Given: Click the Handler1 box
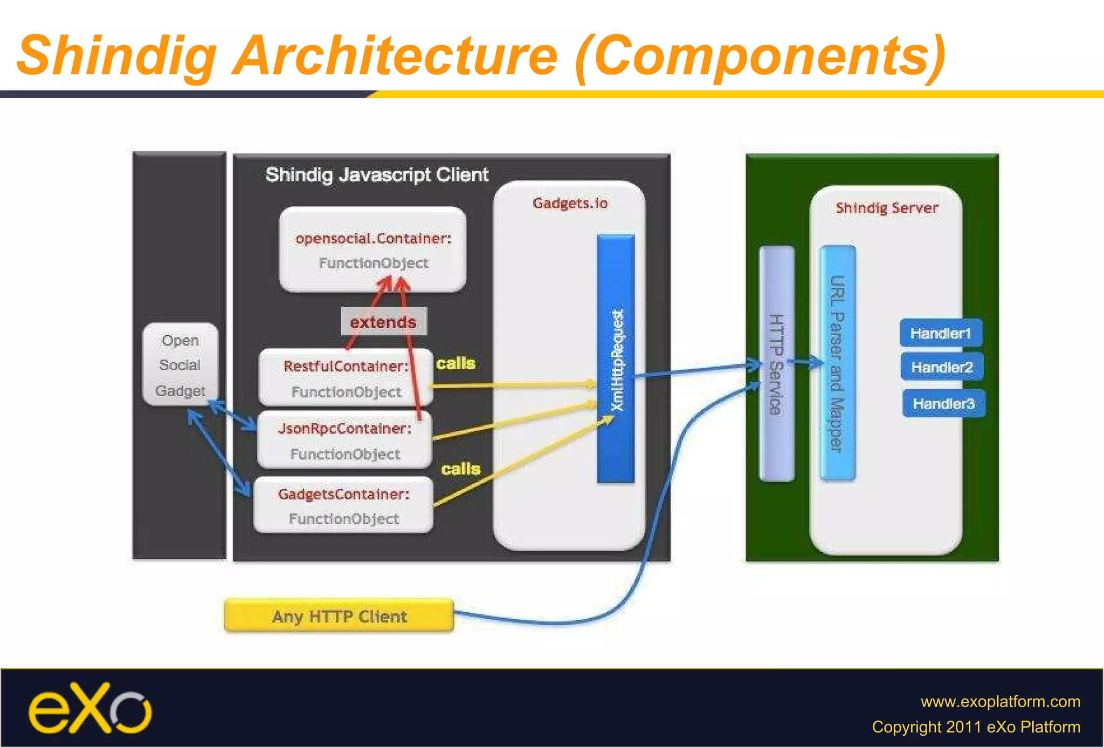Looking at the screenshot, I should point(941,333).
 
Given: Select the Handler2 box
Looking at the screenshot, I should point(942,367).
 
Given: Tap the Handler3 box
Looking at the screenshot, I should point(943,403).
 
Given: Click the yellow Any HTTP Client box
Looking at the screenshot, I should point(339,615).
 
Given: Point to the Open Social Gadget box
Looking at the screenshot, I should point(180,365).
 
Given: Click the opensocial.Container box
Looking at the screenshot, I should point(372,250).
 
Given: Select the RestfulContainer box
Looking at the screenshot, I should point(346,378).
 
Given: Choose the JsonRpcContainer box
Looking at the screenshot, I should point(344,440).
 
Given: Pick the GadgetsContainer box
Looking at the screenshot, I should point(343,506).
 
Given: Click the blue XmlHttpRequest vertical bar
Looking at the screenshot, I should point(616,358).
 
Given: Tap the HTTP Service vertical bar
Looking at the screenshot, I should point(776,364).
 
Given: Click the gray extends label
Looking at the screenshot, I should point(383,322).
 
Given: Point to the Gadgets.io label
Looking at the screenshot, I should point(570,203).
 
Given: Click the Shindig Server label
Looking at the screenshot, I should point(887,208).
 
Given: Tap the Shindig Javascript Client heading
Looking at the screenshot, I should point(377,175).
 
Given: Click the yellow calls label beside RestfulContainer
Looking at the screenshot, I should point(456,363).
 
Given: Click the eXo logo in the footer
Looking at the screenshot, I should point(90,708).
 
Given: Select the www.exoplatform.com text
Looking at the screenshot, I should point(1000,701).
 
